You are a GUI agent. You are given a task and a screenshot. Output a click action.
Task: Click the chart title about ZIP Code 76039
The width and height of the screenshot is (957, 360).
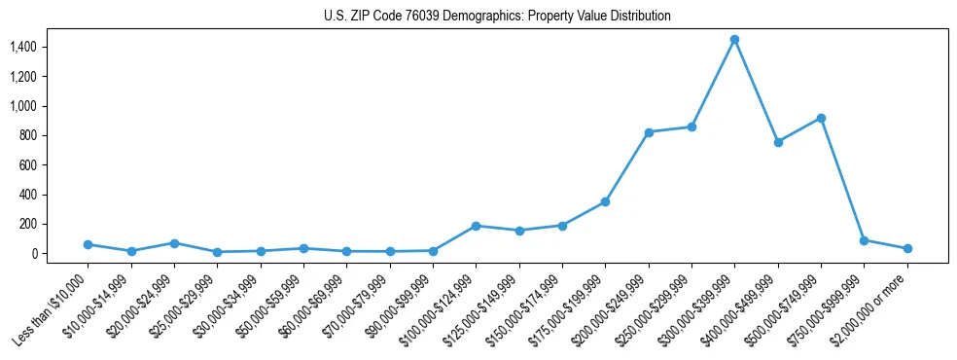[497, 17]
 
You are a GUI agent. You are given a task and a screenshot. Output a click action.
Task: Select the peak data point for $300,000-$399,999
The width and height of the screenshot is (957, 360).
[734, 39]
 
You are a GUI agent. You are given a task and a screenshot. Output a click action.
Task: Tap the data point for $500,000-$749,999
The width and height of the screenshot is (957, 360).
[821, 118]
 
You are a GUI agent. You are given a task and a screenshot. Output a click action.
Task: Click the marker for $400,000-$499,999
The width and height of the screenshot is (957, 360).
[778, 142]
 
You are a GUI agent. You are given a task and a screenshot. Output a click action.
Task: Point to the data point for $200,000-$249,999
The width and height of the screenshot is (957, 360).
[649, 132]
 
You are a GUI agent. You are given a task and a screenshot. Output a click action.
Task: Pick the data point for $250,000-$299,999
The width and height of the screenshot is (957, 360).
[691, 126]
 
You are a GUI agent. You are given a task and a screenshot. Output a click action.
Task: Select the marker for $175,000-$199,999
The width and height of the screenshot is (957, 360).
[605, 201]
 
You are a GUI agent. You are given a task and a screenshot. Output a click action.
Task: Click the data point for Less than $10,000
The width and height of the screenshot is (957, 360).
[88, 244]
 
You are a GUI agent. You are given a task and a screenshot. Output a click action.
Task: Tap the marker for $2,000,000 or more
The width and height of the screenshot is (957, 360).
[907, 248]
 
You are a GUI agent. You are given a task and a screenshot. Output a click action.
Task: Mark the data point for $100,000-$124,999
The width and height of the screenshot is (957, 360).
[476, 226]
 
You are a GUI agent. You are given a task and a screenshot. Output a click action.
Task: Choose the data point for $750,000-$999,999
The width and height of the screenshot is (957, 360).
[864, 239]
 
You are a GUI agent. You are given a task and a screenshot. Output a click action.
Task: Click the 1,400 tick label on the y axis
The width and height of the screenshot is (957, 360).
[23, 47]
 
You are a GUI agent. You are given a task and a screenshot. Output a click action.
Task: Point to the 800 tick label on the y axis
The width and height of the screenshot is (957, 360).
[28, 135]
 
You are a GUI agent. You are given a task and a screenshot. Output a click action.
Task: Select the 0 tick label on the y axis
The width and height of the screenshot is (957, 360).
[34, 254]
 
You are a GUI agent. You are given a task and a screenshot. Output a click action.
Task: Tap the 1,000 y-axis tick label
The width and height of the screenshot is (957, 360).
[23, 106]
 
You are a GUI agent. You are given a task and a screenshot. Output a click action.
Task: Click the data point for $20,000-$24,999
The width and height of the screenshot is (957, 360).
[174, 243]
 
